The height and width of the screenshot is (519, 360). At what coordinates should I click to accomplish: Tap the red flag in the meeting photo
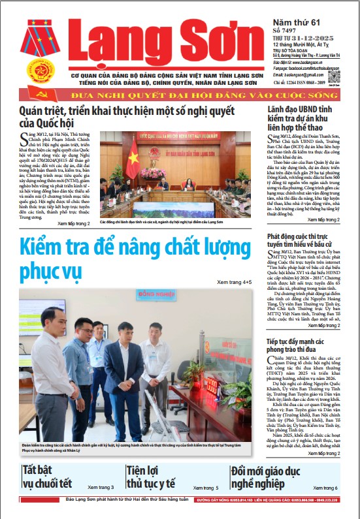tap(132, 159)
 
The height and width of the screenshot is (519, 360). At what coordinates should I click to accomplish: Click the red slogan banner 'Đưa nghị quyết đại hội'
tap(180, 94)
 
